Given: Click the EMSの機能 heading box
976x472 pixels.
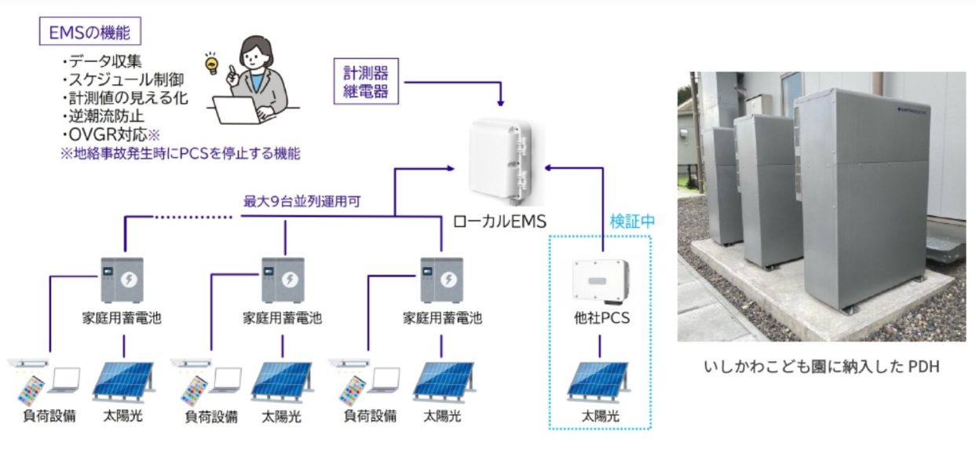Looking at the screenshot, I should (90, 33).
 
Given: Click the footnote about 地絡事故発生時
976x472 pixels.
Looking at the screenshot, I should (180, 154).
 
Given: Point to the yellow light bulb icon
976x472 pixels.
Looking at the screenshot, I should (210, 63).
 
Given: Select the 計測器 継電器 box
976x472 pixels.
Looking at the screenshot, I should (366, 82).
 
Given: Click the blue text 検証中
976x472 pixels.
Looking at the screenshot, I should (632, 221).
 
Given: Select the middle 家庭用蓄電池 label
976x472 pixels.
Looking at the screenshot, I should (282, 318).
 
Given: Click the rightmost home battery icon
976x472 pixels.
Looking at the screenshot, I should (442, 279).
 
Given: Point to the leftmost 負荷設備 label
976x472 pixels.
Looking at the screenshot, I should (49, 416).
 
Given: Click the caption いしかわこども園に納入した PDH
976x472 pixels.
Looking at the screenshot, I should (822, 367).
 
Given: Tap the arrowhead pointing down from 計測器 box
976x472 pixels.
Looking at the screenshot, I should (500, 102).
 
